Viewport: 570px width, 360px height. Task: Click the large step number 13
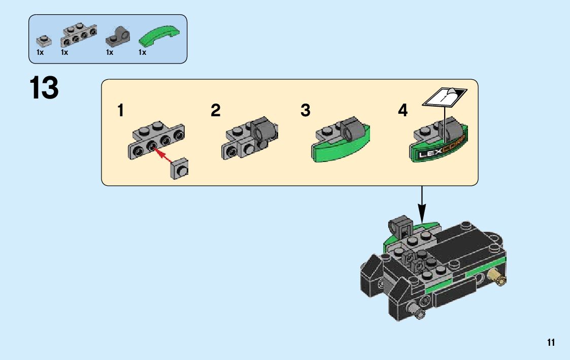(x=44, y=88)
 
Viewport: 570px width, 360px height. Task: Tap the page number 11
(x=551, y=343)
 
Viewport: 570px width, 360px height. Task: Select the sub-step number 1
(x=121, y=110)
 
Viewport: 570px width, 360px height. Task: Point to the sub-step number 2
(x=216, y=110)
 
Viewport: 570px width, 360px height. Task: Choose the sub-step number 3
(x=305, y=110)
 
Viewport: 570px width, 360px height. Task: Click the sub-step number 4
(x=403, y=110)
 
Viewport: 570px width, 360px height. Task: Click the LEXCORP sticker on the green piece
(x=440, y=151)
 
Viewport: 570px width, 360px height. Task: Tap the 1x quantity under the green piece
(x=143, y=52)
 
